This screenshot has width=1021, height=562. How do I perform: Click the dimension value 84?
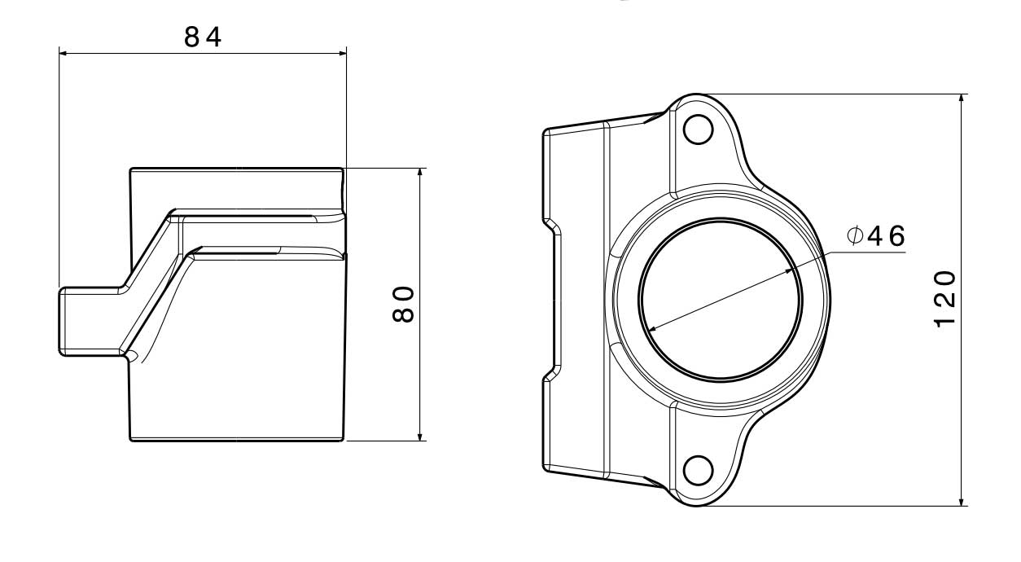pos(203,37)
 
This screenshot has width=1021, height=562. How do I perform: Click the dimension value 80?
pos(405,304)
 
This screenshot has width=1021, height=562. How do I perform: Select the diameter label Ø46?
pos(875,236)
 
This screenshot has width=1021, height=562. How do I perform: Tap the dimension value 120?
pos(944,299)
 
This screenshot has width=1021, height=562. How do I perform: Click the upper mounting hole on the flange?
pos(698,130)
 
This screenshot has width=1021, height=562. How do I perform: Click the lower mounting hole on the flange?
pos(698,470)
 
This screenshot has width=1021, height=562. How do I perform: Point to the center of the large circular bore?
pos(721,300)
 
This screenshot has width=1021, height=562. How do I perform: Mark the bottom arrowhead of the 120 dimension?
pos(963,500)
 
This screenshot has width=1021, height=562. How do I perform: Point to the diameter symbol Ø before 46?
pos(855,236)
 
